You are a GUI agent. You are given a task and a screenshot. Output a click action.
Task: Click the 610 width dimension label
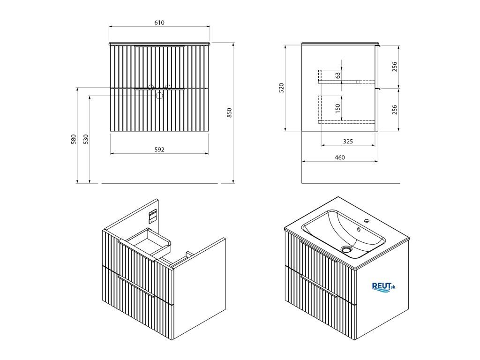(159, 22)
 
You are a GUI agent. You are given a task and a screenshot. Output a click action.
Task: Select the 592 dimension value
(159, 150)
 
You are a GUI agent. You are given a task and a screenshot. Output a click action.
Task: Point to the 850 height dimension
(229, 112)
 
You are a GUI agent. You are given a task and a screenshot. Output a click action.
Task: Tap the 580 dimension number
(74, 139)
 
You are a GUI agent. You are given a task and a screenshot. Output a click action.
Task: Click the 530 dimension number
(86, 139)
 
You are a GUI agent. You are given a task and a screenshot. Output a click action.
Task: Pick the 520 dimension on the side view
(282, 87)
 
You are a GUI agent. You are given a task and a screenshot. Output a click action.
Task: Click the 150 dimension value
(338, 108)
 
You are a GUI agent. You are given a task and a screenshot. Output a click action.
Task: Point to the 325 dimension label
(348, 141)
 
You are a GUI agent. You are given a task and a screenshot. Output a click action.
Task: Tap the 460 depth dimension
(340, 157)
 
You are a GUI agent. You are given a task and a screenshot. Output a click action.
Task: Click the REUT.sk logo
(383, 286)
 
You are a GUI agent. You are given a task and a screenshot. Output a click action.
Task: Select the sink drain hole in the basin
(347, 249)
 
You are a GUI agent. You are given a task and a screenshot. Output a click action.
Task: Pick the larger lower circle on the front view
(159, 96)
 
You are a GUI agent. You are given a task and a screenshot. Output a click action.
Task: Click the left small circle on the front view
(151, 87)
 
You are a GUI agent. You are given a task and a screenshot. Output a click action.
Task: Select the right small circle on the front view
(167, 87)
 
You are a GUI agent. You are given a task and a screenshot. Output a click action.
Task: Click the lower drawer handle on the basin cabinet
(319, 287)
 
